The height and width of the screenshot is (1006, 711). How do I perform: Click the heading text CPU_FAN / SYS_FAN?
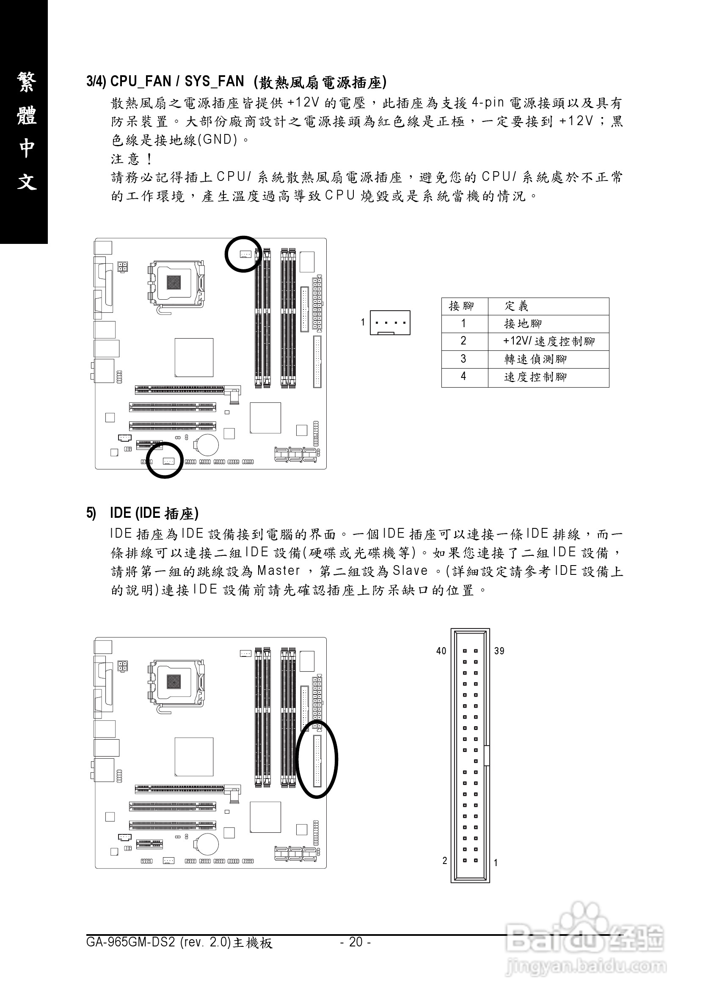177,82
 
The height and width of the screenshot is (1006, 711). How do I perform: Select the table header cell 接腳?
462,306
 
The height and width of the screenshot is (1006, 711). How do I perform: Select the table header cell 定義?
516,306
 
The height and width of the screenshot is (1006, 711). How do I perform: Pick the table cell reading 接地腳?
523,324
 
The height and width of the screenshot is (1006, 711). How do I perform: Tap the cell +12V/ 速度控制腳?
548,342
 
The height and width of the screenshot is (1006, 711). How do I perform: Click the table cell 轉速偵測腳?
535,359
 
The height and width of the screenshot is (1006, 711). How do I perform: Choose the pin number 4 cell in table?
463,377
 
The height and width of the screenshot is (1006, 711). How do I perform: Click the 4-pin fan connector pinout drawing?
390,323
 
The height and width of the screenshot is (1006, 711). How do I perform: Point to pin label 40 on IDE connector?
441,651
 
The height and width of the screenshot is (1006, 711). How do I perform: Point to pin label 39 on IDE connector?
499,651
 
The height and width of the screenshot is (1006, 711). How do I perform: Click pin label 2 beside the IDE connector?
444,861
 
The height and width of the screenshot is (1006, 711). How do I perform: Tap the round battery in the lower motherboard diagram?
207,843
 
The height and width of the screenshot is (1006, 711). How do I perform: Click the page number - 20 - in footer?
355,942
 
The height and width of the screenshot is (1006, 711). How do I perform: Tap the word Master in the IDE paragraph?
278,571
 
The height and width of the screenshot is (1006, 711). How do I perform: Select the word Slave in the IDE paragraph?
410,571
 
